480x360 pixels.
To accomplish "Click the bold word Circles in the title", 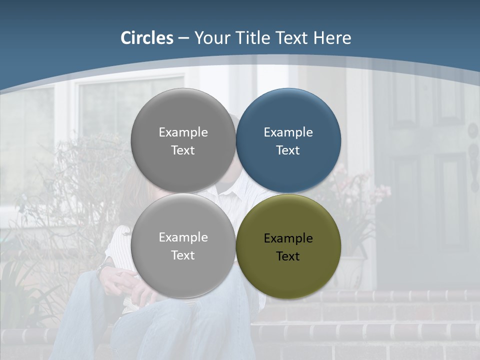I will click(x=147, y=38).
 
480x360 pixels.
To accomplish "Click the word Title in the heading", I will click(x=253, y=38).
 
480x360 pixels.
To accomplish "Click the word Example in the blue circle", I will click(x=288, y=132).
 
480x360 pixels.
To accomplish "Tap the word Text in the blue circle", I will click(x=288, y=150).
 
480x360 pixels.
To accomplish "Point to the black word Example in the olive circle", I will click(x=288, y=238).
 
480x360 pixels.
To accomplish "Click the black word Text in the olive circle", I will click(x=288, y=256).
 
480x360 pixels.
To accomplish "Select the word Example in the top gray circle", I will click(x=183, y=132).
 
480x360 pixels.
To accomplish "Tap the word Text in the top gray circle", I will click(x=183, y=150).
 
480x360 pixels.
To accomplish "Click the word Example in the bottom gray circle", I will click(x=183, y=237).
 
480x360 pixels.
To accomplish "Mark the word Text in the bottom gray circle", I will click(x=183, y=255).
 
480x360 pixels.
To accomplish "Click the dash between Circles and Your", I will click(x=183, y=38).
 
